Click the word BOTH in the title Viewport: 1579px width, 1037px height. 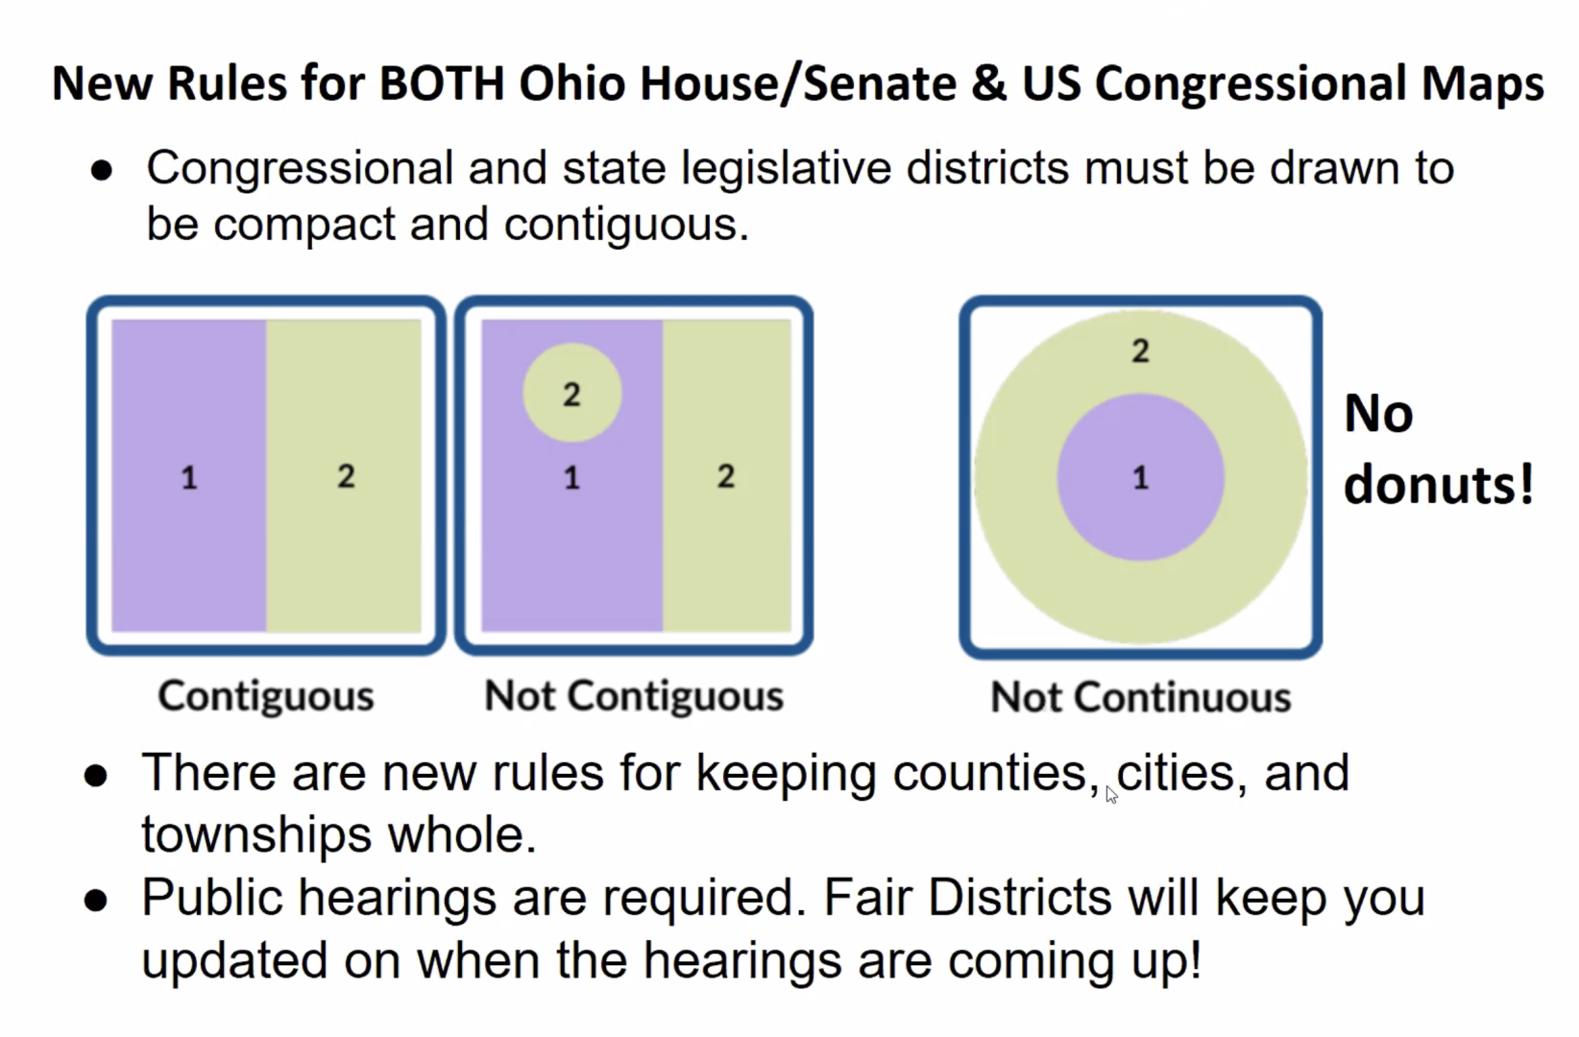pos(441,84)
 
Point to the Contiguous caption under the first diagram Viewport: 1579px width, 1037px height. pos(266,697)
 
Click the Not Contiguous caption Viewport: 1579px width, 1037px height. pos(634,696)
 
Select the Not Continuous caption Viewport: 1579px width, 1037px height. pos(1140,697)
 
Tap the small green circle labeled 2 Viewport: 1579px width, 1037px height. pos(571,393)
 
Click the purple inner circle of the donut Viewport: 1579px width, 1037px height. pos(1140,477)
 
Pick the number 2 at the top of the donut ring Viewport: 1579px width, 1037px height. pos(1140,350)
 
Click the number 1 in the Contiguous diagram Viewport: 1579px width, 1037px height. pos(189,478)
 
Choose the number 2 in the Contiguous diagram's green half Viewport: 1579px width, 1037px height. pos(346,477)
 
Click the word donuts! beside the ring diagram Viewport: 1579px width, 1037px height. pos(1438,485)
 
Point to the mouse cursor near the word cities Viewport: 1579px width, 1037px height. pos(1111,795)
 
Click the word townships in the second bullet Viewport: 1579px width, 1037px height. pos(256,835)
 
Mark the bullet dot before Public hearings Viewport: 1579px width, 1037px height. pos(95,901)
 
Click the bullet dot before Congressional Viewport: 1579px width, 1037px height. pos(102,171)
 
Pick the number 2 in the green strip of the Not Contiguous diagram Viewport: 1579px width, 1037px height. pos(726,477)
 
